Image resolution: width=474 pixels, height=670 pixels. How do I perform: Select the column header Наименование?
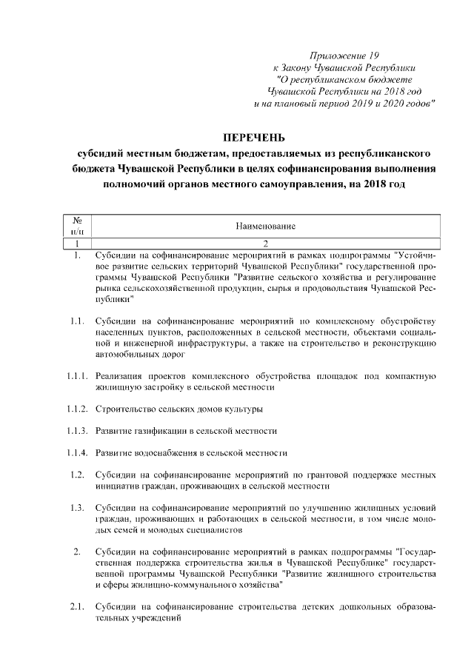click(266, 225)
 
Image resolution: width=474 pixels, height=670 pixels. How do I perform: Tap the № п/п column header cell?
click(76, 225)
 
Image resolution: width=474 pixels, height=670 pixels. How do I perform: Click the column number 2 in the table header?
click(266, 243)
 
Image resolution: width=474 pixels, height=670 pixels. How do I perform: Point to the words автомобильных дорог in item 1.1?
click(139, 355)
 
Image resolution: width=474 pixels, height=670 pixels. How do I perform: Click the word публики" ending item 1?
click(115, 299)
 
